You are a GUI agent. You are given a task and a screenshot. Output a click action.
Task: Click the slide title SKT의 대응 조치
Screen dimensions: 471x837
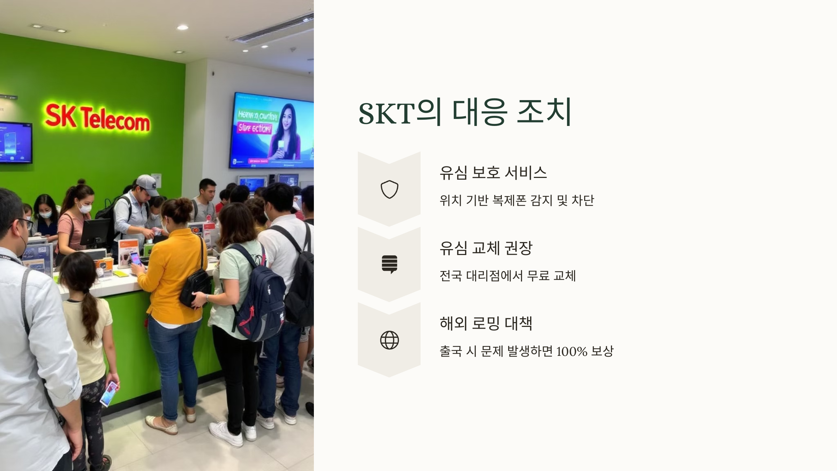(465, 112)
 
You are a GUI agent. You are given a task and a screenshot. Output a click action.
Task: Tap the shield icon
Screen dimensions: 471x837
(389, 189)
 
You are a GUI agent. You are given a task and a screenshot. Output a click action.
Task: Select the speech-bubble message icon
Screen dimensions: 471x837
(389, 264)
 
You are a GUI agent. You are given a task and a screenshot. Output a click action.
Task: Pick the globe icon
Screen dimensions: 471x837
(389, 340)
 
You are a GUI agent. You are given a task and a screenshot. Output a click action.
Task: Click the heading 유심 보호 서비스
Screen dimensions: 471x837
(493, 173)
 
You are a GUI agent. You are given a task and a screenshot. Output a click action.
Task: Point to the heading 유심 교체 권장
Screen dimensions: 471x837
(485, 248)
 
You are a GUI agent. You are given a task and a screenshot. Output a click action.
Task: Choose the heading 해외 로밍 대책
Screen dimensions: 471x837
(485, 323)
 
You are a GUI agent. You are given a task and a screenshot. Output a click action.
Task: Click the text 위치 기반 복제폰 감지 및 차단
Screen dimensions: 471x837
(516, 201)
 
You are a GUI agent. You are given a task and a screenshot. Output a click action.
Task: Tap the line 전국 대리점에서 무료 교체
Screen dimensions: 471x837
(507, 276)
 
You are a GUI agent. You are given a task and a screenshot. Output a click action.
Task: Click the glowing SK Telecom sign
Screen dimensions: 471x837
(97, 118)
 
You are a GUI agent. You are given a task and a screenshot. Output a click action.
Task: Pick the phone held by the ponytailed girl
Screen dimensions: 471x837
(109, 393)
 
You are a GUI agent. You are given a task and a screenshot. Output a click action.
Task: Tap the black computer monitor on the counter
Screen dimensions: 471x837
(95, 232)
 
